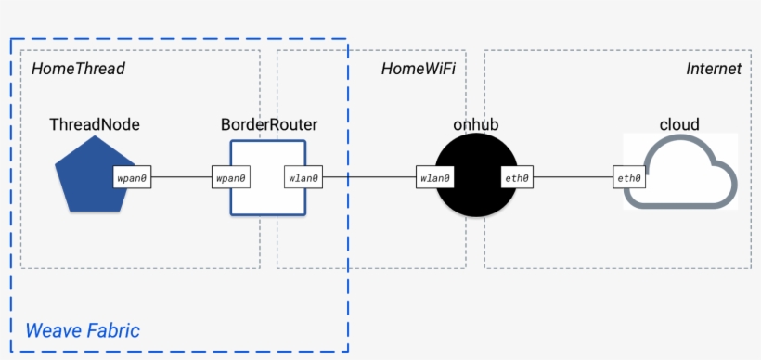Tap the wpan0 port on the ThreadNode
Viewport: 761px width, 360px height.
(132, 176)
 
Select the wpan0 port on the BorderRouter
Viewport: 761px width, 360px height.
(231, 176)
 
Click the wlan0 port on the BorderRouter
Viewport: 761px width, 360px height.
(303, 176)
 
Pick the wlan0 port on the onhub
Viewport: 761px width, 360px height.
(435, 176)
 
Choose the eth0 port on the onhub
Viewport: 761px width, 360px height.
(516, 176)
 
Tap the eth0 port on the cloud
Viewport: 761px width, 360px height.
(631, 176)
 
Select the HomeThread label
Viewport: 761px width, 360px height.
(78, 69)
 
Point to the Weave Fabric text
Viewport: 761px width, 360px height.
(82, 329)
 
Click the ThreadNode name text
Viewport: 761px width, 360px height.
(94, 123)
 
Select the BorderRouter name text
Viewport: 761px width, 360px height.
(269, 123)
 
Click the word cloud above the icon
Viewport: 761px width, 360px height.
(678, 123)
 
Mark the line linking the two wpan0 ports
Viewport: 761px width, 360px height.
(182, 176)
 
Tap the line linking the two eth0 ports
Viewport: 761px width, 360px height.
(574, 176)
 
